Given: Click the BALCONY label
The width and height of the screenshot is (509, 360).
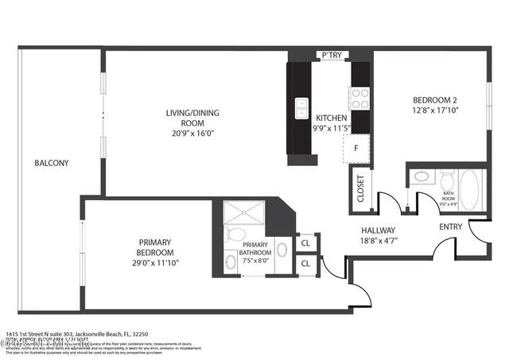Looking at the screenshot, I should [x=51, y=163].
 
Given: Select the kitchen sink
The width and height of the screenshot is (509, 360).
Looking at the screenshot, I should [x=301, y=106].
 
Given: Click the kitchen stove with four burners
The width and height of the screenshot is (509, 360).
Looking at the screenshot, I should [x=359, y=99].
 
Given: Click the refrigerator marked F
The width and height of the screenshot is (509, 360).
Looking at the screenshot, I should [x=356, y=147].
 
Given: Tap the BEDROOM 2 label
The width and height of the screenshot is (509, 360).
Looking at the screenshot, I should [x=435, y=99].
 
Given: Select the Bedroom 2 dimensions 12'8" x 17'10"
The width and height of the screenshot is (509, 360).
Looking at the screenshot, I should [x=435, y=110].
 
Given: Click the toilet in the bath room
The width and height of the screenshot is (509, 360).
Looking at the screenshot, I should [x=422, y=178].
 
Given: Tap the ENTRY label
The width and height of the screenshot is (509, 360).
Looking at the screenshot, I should [x=451, y=226].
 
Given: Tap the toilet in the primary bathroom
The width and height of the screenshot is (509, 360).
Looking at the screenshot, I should [x=235, y=235].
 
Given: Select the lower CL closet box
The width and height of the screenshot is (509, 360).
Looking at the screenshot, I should [x=306, y=264].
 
